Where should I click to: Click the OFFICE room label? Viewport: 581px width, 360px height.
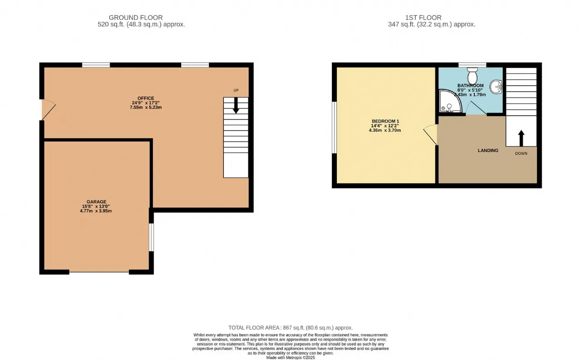pyautogui.click(x=146, y=99)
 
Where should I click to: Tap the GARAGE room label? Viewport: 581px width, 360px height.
pyautogui.click(x=96, y=202)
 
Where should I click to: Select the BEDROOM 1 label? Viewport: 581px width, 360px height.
pyautogui.click(x=385, y=121)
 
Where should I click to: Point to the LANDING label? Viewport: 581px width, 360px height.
pyautogui.click(x=488, y=150)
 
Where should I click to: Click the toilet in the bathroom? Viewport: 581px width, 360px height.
pyautogui.click(x=473, y=75)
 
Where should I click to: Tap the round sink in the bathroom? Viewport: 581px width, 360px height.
pyautogui.click(x=496, y=87)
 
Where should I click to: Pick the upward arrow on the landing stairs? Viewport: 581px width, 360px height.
pyautogui.click(x=521, y=138)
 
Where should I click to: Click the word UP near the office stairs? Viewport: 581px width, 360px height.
pyautogui.click(x=236, y=90)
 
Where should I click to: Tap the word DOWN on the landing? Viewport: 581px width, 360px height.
pyautogui.click(x=521, y=153)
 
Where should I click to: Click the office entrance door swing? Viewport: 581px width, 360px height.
pyautogui.click(x=49, y=110)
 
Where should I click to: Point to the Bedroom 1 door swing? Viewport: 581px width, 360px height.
pyautogui.click(x=430, y=135)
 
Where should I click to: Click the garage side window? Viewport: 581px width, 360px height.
pyautogui.click(x=151, y=237)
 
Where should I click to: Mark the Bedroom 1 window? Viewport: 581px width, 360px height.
pyautogui.click(x=335, y=128)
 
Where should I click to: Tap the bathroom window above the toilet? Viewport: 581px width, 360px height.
pyautogui.click(x=473, y=65)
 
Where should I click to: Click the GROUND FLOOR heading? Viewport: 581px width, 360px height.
pyautogui.click(x=136, y=18)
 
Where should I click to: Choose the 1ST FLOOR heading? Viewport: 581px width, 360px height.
pyautogui.click(x=423, y=18)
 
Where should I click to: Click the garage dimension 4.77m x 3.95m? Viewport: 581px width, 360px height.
pyautogui.click(x=96, y=211)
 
